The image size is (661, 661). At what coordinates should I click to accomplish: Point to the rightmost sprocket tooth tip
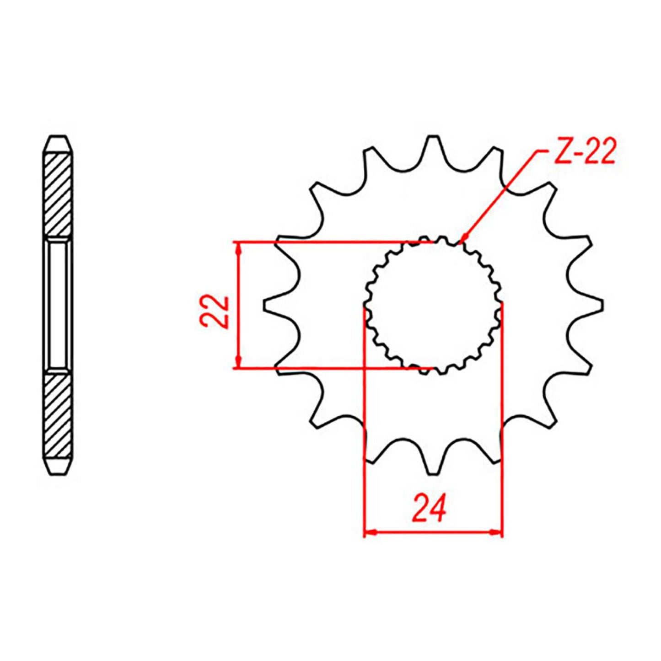pos(601,305)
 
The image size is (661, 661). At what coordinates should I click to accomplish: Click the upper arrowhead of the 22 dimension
pos(237,247)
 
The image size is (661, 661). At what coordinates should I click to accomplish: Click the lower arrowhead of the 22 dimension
pos(237,363)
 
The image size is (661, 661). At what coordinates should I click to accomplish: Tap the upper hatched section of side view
pos(58,194)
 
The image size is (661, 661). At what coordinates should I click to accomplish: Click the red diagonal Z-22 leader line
pos(499,194)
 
